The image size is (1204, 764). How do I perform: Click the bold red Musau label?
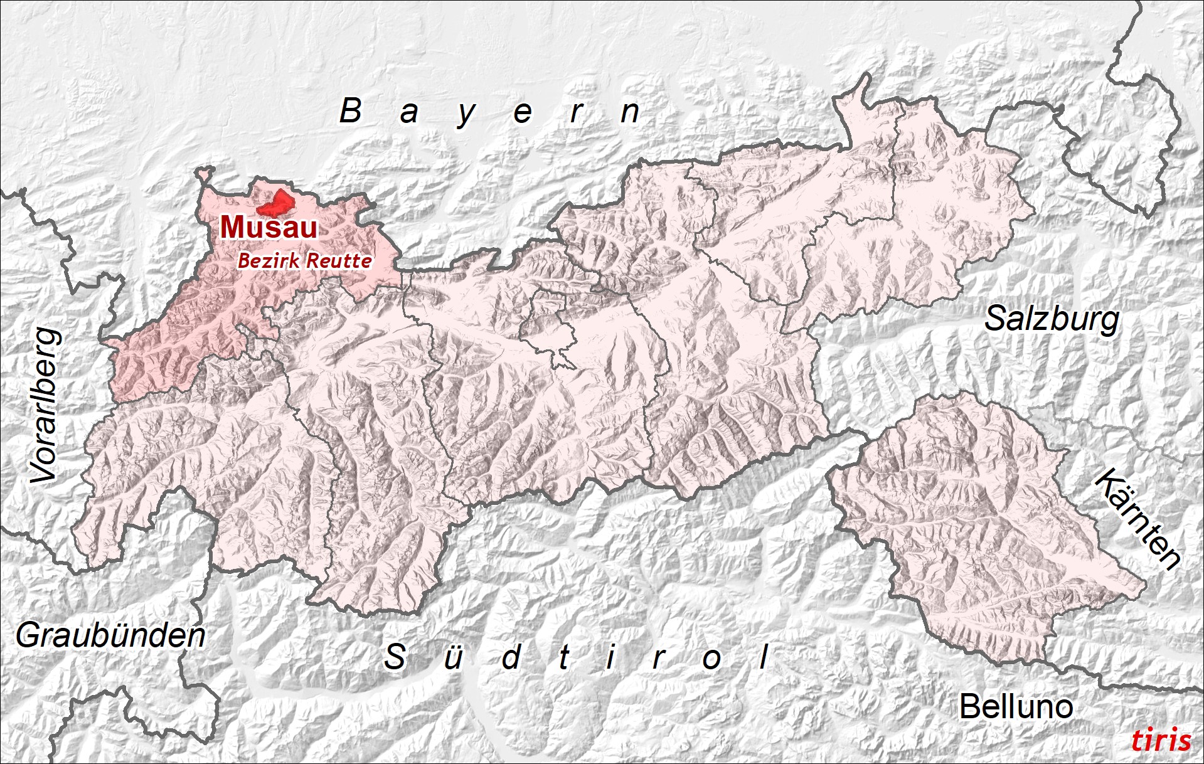coord(269,227)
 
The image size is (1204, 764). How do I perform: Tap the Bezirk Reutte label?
coord(304,260)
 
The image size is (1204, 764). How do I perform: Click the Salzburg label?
coord(1052,319)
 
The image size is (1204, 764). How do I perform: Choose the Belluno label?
coord(1016,707)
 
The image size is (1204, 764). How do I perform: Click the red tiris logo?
coord(1161,740)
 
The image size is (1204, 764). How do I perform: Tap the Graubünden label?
coord(110,636)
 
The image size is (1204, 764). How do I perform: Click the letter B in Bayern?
coord(351,111)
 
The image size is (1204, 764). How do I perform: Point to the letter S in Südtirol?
coord(395,657)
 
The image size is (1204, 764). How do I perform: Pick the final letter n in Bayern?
coord(630,113)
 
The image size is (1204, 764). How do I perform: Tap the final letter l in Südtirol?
coord(764,657)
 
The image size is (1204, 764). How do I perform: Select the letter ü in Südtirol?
coord(453,657)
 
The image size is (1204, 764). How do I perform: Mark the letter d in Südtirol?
coord(511,657)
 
